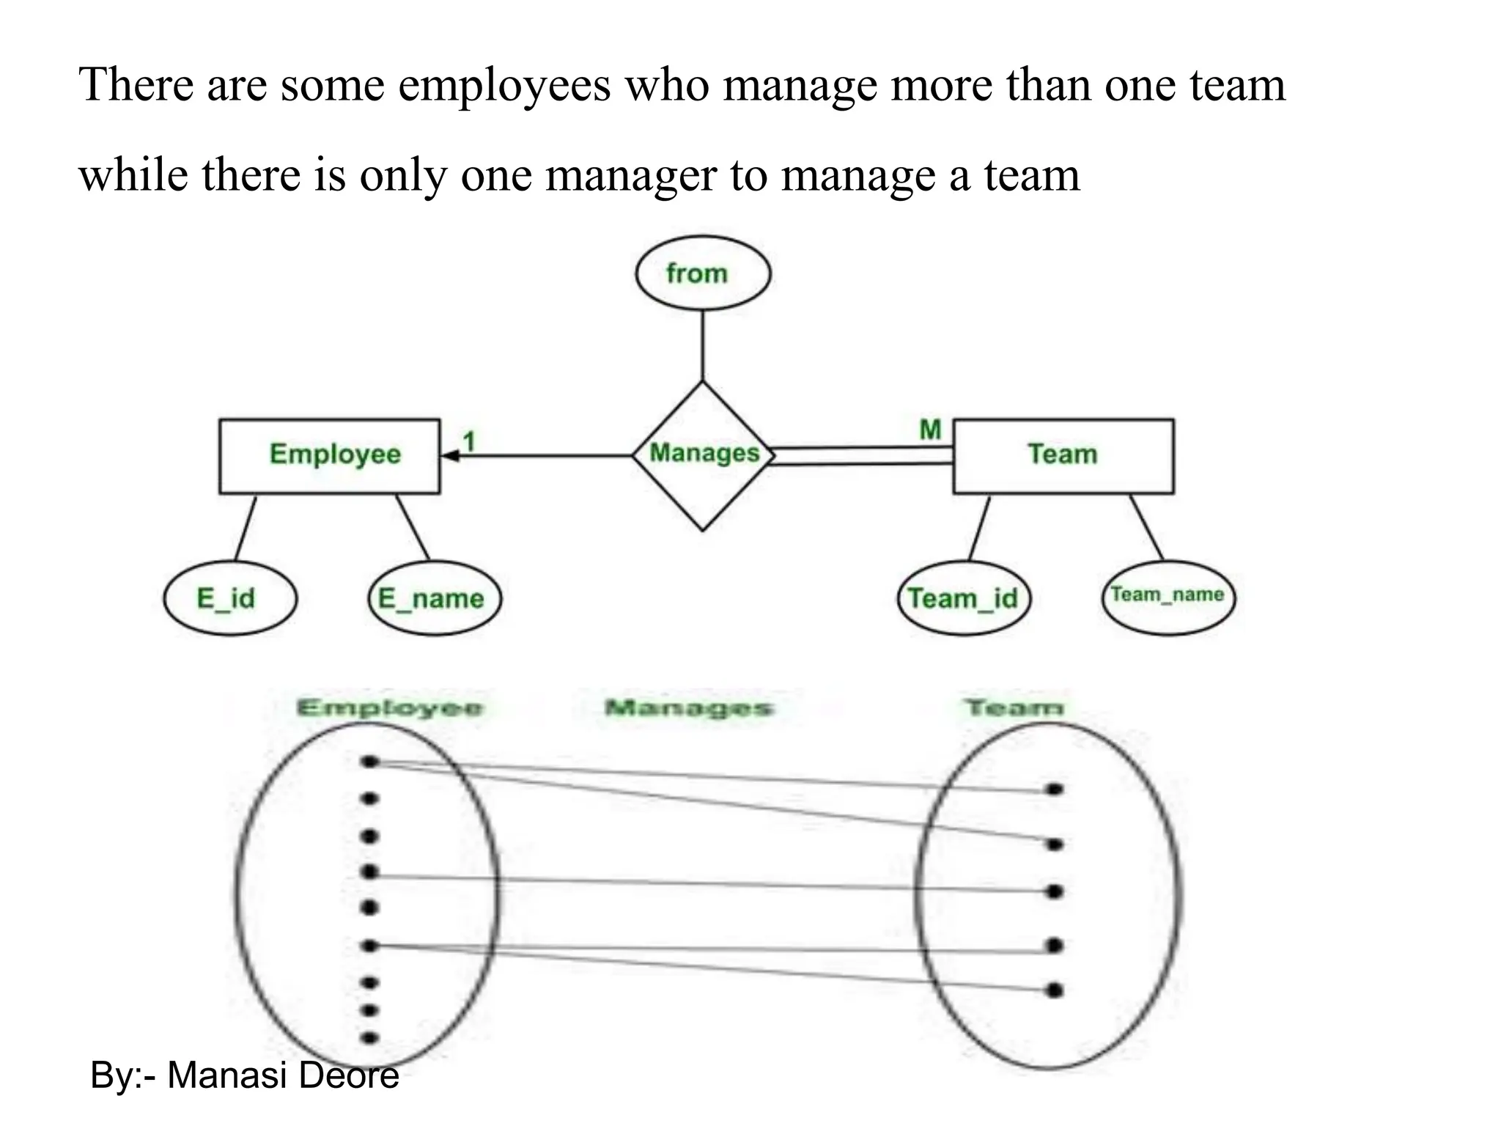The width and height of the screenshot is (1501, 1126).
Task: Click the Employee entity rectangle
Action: (x=330, y=456)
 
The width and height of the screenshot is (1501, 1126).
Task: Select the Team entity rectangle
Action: (x=1063, y=456)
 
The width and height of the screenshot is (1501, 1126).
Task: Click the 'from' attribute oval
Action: (x=703, y=273)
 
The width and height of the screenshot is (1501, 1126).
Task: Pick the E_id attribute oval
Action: (x=230, y=598)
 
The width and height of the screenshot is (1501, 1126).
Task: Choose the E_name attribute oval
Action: (x=435, y=598)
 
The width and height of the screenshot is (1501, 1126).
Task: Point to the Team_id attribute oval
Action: (x=964, y=598)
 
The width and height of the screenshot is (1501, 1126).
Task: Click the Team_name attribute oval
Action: (x=1168, y=597)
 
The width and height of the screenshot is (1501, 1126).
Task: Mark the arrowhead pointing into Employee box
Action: (x=450, y=456)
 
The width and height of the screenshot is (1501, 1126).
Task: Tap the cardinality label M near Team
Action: (x=930, y=430)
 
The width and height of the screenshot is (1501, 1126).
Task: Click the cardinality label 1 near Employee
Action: (x=469, y=441)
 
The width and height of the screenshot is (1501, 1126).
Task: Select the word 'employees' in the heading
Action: (x=505, y=85)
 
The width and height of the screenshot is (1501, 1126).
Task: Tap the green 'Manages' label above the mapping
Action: (x=689, y=708)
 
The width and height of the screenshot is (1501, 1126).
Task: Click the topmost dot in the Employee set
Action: (x=370, y=762)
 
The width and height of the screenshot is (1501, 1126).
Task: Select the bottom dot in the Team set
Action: (x=1055, y=990)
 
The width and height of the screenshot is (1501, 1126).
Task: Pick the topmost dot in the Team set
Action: (x=1055, y=790)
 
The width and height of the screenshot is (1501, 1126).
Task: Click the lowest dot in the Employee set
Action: (x=370, y=1038)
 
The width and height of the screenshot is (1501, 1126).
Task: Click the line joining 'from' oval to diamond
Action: (x=703, y=345)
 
